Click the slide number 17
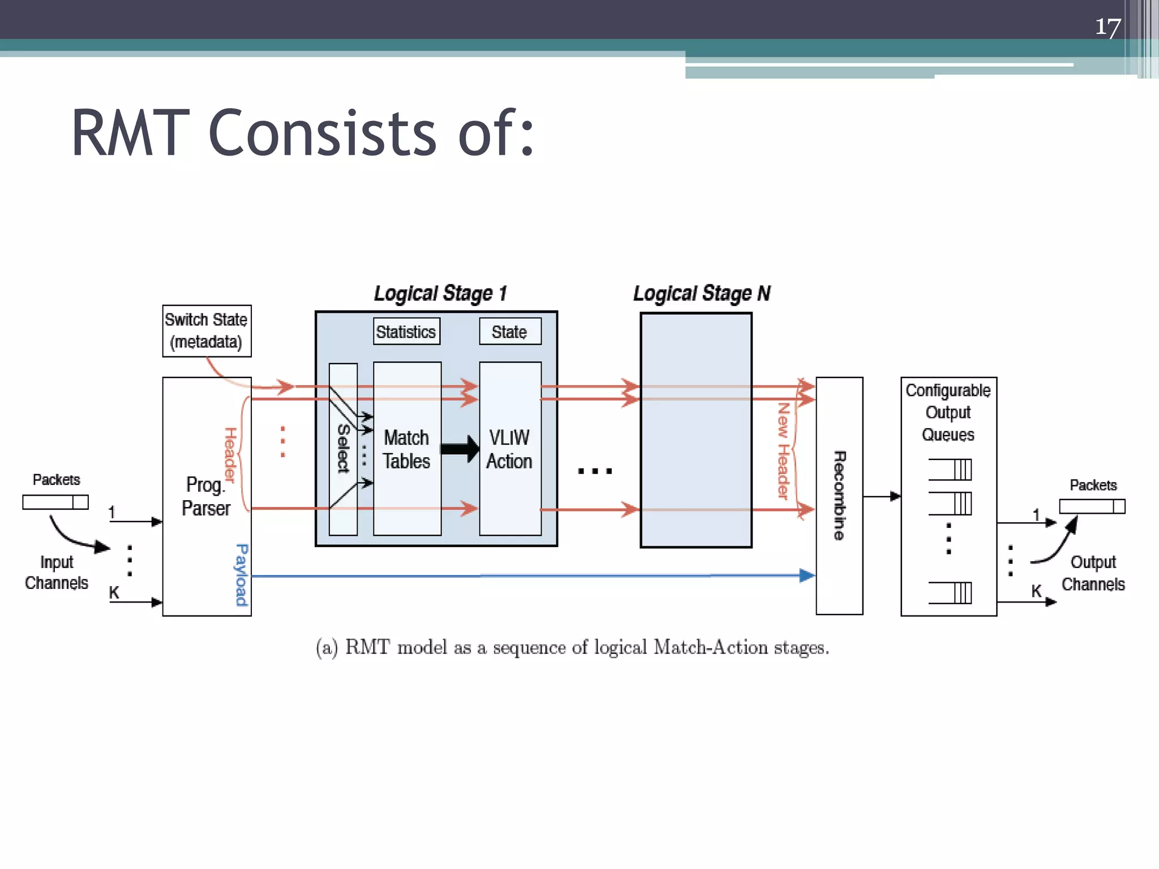[1108, 27]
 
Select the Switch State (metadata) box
[207, 331]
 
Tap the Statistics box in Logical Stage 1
[406, 332]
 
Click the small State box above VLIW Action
[509, 332]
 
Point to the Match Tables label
[406, 449]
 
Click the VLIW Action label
[509, 449]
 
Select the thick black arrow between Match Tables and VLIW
[460, 449]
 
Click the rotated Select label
[343, 449]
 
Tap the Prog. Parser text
[206, 496]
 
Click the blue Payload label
[242, 575]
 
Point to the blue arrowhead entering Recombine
[807, 575]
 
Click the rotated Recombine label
[839, 496]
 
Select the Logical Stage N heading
[702, 294]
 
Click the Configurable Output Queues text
[948, 412]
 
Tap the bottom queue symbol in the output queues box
[951, 593]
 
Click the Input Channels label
[57, 573]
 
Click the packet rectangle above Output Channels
[1092, 506]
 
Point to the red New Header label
[783, 451]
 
